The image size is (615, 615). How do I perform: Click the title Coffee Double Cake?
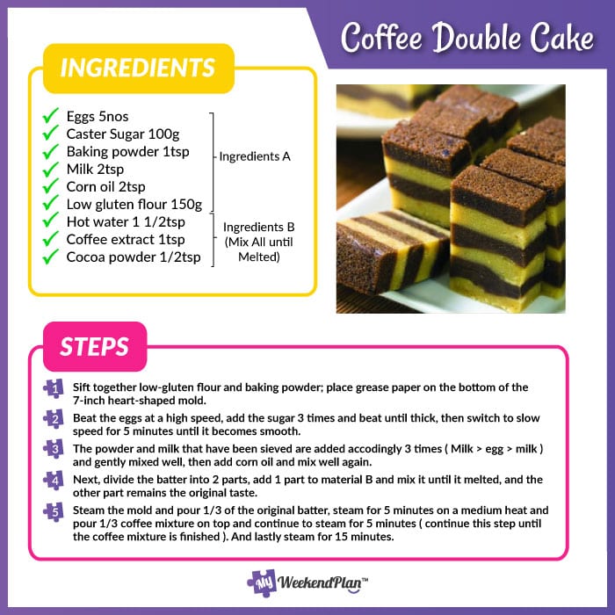467,39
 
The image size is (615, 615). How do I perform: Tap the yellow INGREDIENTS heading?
137,69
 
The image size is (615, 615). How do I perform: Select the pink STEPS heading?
95,347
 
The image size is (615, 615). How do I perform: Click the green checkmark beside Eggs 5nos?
51,115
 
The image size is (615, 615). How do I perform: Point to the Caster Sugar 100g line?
122,134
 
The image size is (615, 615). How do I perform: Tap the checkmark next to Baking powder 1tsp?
51,151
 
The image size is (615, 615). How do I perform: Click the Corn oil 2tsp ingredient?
105,186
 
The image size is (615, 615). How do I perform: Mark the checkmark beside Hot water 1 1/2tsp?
51,221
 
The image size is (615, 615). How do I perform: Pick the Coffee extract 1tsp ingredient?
126,240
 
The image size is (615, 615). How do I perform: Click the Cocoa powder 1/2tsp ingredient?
133,257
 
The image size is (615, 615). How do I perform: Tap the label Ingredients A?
255,156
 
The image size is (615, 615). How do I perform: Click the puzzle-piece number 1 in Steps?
54,388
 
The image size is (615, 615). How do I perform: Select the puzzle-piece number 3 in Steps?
54,449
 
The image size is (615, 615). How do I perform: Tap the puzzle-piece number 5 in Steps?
54,510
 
